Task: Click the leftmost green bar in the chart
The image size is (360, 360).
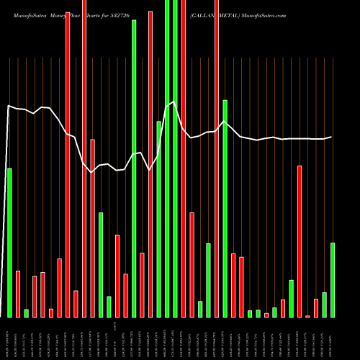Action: point(9,242)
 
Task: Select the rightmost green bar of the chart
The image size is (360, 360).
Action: point(333,279)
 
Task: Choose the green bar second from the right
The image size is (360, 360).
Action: point(324,305)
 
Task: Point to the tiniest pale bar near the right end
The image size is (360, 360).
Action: point(308,316)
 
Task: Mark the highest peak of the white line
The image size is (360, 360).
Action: point(174,102)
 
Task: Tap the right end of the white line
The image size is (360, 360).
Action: point(332,137)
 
